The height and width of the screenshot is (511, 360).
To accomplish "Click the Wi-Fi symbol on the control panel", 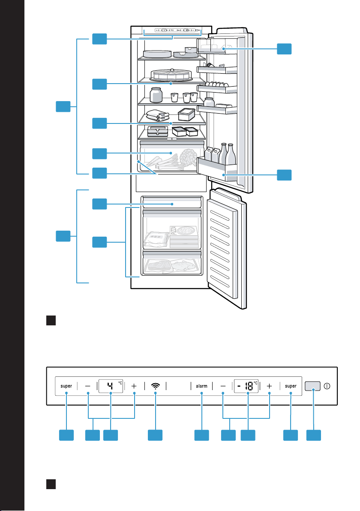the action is coord(156,386).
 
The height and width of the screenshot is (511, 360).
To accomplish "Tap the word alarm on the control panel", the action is coord(202,386).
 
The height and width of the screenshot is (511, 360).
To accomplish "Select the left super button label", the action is coord(66,386).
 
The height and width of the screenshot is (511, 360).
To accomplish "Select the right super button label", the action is coord(291,386).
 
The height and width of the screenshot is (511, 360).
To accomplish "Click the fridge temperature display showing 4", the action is coord(111,386).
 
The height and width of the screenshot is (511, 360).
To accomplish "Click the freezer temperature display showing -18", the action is coord(246,386).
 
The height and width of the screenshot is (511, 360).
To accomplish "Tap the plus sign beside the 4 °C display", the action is coord(134,386).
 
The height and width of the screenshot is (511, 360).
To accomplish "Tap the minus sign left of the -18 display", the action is coord(223,386).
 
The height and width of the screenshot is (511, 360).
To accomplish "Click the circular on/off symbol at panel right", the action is coord(327,386).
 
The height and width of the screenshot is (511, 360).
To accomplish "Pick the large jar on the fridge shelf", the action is coord(156,95).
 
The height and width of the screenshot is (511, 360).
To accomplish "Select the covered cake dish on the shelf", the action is coord(171,75).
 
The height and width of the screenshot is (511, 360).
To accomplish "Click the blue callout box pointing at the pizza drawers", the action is coord(100,242).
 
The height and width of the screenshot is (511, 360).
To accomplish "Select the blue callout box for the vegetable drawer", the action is coord(100,153).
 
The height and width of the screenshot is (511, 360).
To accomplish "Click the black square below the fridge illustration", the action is coord(51,320).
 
